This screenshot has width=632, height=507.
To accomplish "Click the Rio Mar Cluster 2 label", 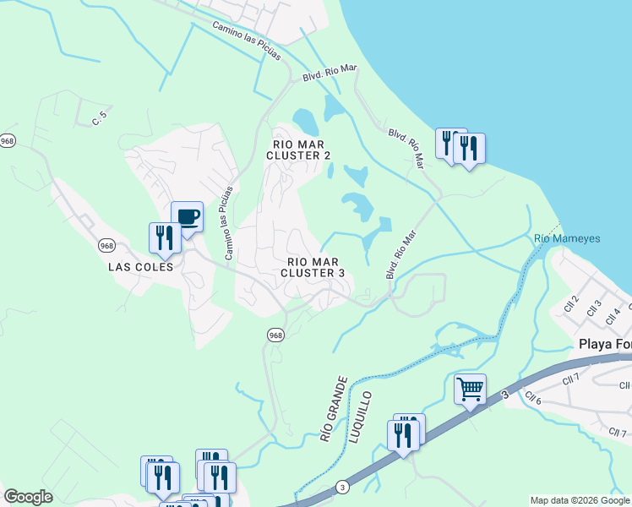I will (298, 149).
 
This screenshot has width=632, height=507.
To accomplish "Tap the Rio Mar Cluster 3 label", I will (313, 267).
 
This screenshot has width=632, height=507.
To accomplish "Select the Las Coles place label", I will (141, 266).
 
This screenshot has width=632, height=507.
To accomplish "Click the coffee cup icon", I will (187, 217).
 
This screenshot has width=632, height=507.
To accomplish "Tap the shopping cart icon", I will (470, 390).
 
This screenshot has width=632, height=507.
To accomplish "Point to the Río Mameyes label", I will (567, 239).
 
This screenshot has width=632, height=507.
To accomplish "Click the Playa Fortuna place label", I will (605, 344).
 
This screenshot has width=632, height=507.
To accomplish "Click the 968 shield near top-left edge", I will (8, 141).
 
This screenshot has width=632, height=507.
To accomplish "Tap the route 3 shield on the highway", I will (341, 487).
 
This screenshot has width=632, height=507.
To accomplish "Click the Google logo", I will (28, 497).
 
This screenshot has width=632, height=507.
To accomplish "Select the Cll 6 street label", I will (532, 398).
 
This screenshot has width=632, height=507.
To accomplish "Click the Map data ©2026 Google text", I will (580, 500).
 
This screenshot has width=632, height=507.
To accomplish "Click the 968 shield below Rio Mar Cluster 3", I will (275, 335).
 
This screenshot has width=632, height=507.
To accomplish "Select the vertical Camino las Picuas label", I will (228, 221).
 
